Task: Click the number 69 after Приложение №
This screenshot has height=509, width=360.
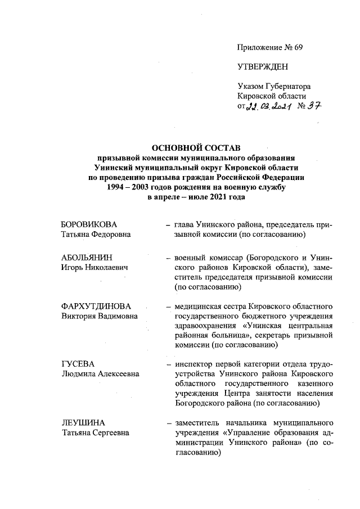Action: [298, 47]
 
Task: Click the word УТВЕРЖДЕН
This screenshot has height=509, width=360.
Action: [263, 67]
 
